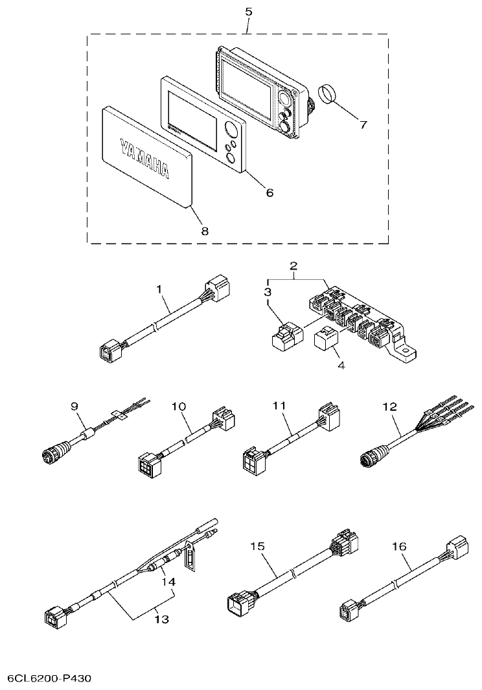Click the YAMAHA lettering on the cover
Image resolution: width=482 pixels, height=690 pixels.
[144, 157]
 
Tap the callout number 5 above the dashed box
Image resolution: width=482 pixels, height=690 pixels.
[249, 12]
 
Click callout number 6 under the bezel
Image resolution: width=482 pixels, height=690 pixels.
[270, 192]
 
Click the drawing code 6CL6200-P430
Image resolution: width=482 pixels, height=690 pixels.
[49, 678]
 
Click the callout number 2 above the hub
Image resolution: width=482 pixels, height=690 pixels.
[293, 266]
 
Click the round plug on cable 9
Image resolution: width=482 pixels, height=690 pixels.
[52, 453]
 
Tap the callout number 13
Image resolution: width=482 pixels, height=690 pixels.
[161, 619]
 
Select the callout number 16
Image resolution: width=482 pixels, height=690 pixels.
[399, 547]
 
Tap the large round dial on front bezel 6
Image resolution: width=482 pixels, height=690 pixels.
[231, 134]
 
